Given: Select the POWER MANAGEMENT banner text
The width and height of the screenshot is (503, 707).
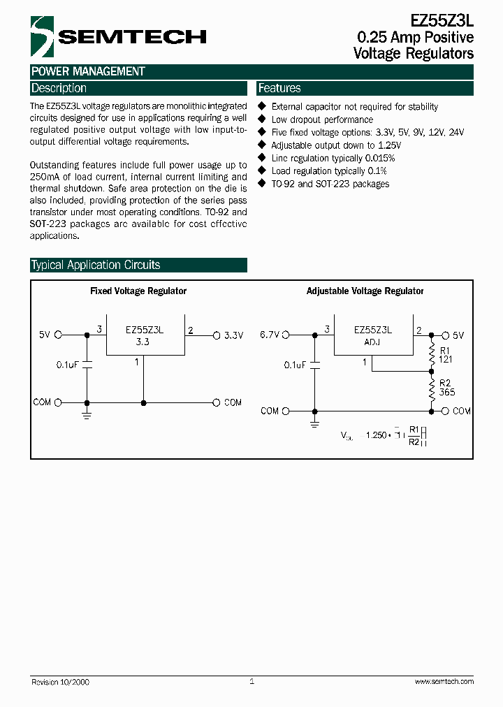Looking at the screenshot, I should click(88, 71).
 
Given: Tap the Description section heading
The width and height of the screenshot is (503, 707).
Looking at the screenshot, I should click(59, 89).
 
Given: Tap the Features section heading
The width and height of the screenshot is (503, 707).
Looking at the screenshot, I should click(279, 89).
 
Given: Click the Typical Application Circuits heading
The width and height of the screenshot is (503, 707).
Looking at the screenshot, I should click(96, 265).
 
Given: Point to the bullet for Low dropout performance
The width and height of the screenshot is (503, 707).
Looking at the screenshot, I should click(263, 120).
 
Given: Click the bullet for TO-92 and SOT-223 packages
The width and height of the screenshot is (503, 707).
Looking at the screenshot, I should click(263, 184).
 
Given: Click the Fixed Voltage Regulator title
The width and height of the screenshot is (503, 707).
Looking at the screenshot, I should click(138, 291).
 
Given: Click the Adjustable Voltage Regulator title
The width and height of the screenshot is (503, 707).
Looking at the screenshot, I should click(365, 291).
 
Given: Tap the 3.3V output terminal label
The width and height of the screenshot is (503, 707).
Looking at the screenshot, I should click(234, 335).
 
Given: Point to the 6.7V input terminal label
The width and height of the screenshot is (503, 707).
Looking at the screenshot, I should click(270, 335).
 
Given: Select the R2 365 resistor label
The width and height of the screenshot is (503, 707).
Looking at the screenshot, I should click(446, 388).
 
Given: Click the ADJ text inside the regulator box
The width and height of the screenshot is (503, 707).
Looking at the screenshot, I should click(372, 343).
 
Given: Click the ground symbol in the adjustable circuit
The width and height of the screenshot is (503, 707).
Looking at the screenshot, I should click(315, 423).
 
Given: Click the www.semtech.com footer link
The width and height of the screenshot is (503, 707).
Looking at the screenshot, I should click(444, 682).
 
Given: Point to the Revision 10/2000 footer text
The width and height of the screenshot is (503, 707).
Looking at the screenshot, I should click(61, 682).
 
